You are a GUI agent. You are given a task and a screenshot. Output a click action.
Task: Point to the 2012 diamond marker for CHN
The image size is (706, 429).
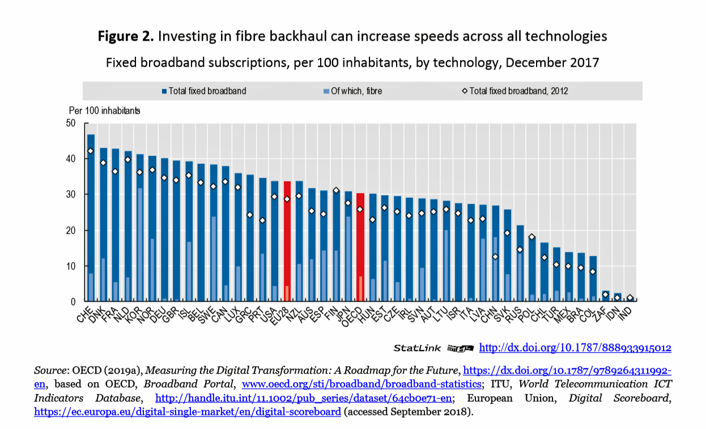pyautogui.click(x=495, y=256)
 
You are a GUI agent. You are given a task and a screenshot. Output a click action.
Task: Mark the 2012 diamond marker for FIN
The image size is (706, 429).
pyautogui.click(x=336, y=191)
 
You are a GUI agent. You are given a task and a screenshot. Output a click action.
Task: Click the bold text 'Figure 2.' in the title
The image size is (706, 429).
pyautogui.click(x=126, y=37)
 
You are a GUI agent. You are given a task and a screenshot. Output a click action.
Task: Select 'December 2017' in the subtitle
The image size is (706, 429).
pyautogui.click(x=552, y=62)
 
